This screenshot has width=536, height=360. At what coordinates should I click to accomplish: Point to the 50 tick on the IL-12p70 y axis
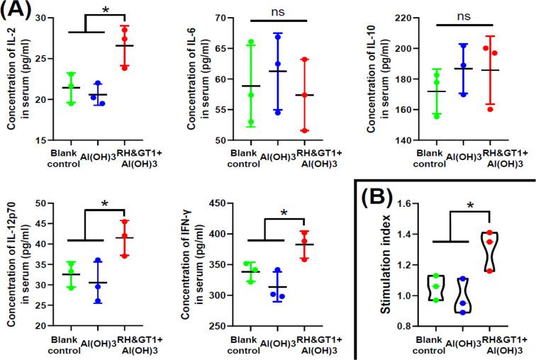(43, 203)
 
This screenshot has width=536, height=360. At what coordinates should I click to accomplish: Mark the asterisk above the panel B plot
(471, 208)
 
